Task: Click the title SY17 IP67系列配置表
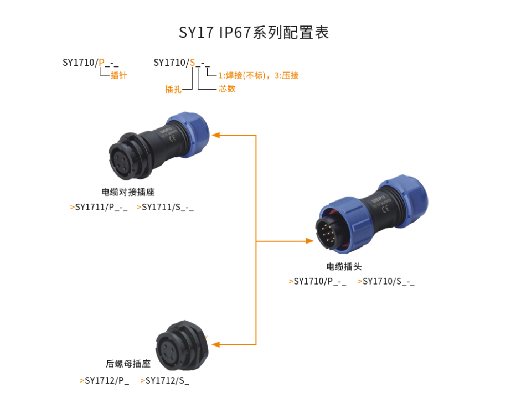click(254, 33)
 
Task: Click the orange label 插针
click(118, 75)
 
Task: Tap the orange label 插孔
click(173, 89)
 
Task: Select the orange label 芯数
click(227, 89)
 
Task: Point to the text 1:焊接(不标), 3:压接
click(258, 75)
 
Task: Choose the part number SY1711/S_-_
click(168, 208)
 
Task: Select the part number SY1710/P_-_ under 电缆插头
click(320, 281)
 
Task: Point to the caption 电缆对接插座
click(128, 193)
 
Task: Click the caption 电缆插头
click(344, 266)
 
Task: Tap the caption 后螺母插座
click(128, 364)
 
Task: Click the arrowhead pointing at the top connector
click(216, 135)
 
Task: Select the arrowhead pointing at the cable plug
click(309, 241)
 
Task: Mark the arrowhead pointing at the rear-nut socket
click(216, 344)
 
